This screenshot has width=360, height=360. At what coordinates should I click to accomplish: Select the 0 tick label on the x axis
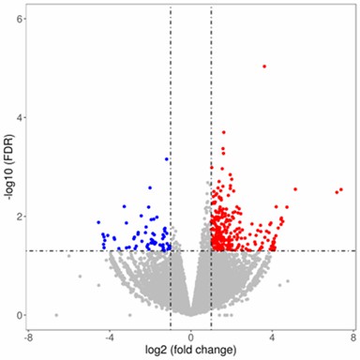coord(191,335)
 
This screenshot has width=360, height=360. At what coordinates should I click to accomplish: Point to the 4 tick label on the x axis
coord(273,335)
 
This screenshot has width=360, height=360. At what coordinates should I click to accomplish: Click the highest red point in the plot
coord(264,67)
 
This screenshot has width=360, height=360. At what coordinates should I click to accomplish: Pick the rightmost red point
coord(341,189)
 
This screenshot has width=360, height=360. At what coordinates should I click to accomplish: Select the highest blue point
coord(167,159)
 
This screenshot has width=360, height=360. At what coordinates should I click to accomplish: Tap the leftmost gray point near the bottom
coord(56,315)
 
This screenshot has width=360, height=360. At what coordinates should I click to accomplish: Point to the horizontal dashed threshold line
coord(94,250)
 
